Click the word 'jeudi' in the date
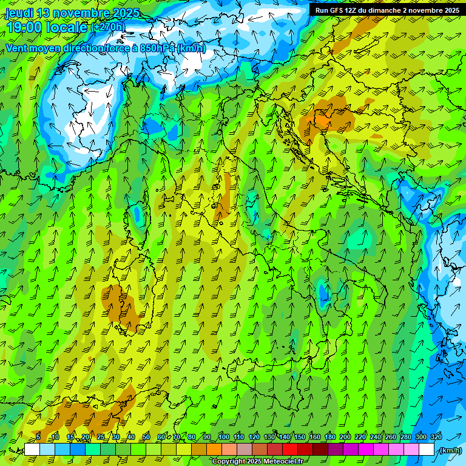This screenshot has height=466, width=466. [x=20, y=13]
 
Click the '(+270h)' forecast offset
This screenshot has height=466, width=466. [x=108, y=27]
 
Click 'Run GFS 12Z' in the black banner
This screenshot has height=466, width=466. [x=337, y=10]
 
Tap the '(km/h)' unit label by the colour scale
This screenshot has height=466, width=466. [x=450, y=450]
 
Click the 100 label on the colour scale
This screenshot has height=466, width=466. [x=224, y=437]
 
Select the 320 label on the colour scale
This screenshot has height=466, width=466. [x=436, y=437]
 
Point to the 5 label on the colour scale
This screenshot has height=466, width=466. [x=38, y=437]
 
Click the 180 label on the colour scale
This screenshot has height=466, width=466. [x=330, y=437]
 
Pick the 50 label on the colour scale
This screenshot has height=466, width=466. [x=146, y=437]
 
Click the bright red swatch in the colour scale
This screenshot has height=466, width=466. [x=290, y=450]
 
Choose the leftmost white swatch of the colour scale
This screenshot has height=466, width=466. [x=32, y=450]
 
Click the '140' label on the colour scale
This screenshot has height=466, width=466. [x=285, y=437]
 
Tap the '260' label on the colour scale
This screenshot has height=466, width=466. [x=391, y=437]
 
